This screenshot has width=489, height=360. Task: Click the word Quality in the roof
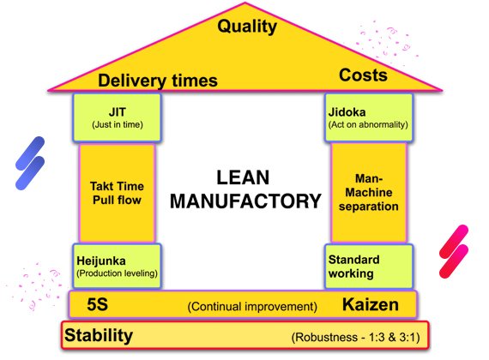point(247,27)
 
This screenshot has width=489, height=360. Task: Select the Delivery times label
point(158,81)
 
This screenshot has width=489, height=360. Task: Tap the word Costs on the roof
point(363,75)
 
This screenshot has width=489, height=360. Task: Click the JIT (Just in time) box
point(117,117)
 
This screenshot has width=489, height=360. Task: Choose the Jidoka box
point(369,117)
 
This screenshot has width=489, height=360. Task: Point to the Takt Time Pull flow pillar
point(117,193)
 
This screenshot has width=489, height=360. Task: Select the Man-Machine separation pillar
point(369,192)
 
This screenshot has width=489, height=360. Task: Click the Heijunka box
point(117,266)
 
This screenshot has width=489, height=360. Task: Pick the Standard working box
point(369,267)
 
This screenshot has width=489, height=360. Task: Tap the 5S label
point(97,304)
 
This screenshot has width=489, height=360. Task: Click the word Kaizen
point(371,304)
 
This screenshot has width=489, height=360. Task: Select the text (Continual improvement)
point(252,307)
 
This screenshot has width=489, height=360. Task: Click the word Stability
point(99,336)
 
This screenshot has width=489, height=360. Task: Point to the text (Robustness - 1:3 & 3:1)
point(355,337)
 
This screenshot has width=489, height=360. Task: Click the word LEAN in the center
point(243,177)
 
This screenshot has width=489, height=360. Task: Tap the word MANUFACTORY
point(245,201)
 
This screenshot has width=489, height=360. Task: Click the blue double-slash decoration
point(30,163)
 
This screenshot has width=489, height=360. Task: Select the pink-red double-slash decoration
point(454,251)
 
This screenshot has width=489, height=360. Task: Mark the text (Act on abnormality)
point(368,124)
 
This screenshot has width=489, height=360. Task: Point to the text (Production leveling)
point(117,273)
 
